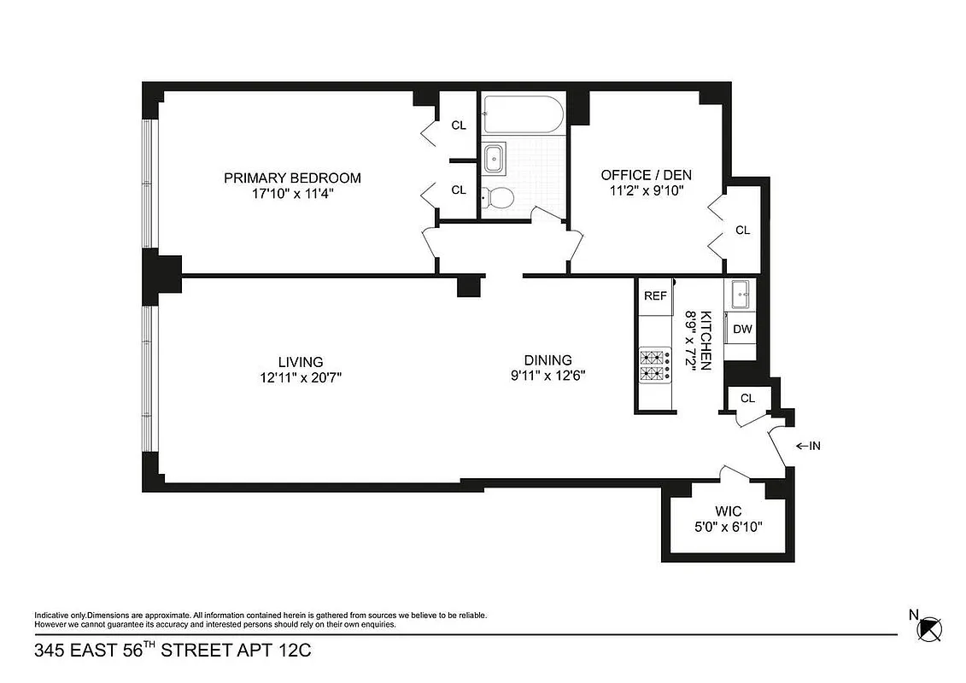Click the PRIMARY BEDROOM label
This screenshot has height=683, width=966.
(x=292, y=178)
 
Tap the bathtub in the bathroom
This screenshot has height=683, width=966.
(x=522, y=114)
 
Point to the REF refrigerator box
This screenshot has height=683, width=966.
(x=655, y=296)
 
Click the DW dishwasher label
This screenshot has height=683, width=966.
(x=741, y=329)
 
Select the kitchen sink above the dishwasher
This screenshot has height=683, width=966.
(x=741, y=295)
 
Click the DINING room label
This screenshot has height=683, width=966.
(x=548, y=360)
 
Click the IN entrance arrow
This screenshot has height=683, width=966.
(x=807, y=446)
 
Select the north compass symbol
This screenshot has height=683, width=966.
(x=928, y=629)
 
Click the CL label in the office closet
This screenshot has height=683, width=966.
(x=742, y=230)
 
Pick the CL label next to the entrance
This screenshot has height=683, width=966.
(x=747, y=398)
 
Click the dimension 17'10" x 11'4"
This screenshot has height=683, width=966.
(x=292, y=194)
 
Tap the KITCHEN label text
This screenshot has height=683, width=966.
(x=705, y=341)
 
